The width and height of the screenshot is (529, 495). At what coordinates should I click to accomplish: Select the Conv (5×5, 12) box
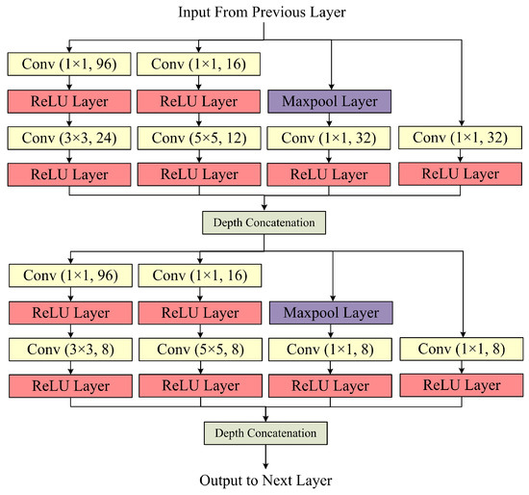click(x=199, y=137)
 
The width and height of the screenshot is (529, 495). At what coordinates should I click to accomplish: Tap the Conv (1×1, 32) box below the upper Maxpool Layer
click(x=330, y=137)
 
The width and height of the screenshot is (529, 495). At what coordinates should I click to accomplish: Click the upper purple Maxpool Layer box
click(x=330, y=100)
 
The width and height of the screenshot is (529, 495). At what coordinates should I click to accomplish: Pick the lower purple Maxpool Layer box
click(x=330, y=313)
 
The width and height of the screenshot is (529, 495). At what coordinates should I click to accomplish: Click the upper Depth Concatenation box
click(x=264, y=221)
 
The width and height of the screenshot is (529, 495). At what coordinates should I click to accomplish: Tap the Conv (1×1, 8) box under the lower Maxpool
click(x=330, y=350)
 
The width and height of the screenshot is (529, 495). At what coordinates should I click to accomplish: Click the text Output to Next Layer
click(x=264, y=480)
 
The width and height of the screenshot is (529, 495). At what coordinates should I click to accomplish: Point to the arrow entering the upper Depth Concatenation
click(x=264, y=201)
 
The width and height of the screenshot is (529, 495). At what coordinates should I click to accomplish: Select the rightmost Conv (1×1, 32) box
click(x=460, y=137)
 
